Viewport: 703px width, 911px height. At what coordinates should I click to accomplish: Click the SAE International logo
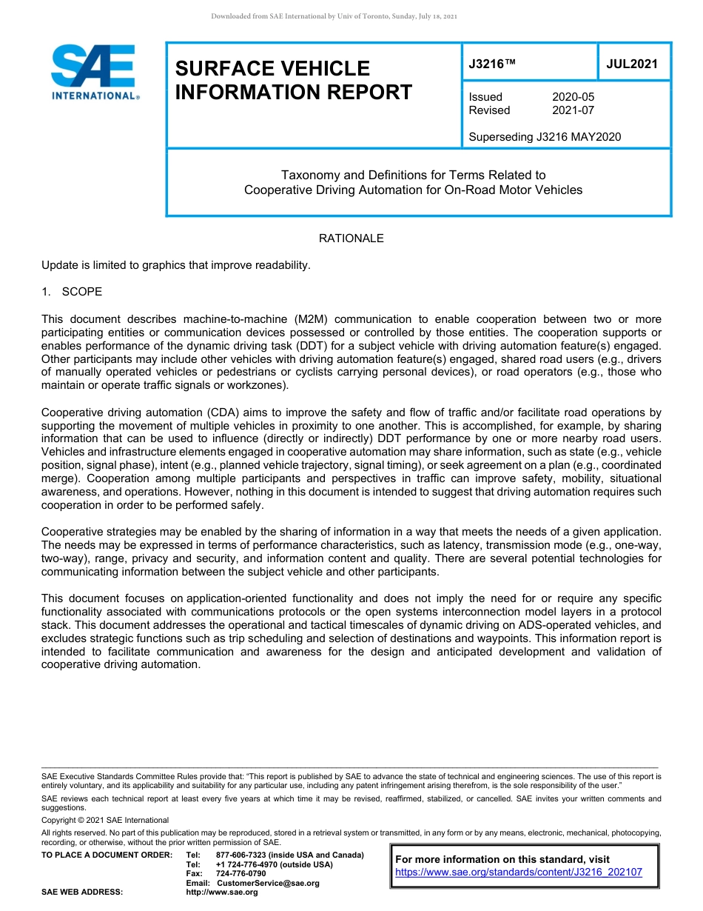[95, 72]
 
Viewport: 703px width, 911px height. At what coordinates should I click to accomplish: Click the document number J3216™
[492, 64]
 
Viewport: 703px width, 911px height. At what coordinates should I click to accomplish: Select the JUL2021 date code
[632, 64]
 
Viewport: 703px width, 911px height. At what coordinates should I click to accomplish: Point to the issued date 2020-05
[573, 97]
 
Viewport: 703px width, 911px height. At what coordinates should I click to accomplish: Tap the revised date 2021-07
[573, 110]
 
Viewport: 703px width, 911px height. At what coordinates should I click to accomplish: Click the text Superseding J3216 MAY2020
[545, 136]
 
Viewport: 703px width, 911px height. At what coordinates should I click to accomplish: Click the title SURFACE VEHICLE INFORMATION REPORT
[293, 80]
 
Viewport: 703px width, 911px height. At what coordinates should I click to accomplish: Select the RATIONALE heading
[351, 238]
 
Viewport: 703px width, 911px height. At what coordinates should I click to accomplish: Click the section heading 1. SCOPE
[72, 292]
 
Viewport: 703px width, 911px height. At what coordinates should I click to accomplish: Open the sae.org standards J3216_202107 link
[519, 872]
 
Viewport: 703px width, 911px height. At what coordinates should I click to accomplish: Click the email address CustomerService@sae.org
[273, 883]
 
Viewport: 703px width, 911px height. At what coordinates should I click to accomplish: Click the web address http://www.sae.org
[222, 892]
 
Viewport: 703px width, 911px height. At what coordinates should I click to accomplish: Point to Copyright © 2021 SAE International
[105, 820]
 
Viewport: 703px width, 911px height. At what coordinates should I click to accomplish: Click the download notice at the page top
[334, 16]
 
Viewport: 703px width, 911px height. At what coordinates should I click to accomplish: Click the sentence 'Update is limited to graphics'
[175, 265]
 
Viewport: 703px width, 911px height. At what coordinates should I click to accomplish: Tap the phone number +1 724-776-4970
[252, 864]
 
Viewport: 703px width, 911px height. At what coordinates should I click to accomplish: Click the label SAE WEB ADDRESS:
[82, 892]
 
